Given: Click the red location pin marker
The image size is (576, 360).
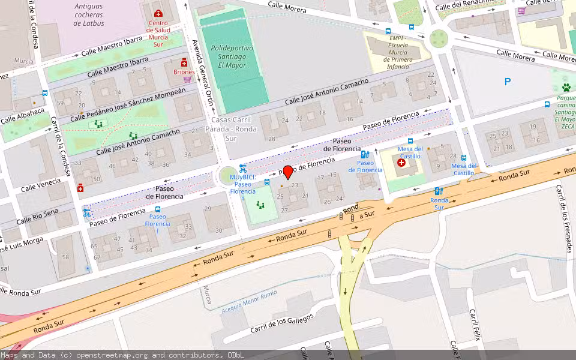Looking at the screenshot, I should point(287,172).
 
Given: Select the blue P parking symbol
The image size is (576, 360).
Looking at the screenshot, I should point(508,82).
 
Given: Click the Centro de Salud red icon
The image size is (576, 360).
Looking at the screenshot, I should point(158,13).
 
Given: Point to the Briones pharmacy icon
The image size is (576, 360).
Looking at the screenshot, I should point(184,62).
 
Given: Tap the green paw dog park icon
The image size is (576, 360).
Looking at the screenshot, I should point(566,88).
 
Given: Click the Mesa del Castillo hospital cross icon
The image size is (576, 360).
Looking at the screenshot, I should point(401,163).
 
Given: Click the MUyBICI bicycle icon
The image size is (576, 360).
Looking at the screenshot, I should point(242,169).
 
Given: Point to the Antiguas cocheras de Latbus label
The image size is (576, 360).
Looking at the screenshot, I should point(89,14).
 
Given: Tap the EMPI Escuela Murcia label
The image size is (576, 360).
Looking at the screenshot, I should point(398,52).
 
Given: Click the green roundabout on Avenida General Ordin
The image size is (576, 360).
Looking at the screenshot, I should point(228,175).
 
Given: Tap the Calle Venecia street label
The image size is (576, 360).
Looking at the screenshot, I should point(40,185).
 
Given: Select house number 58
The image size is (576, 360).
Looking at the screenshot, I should point(65,257).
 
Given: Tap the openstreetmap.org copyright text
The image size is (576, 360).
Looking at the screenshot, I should point(122,355).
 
